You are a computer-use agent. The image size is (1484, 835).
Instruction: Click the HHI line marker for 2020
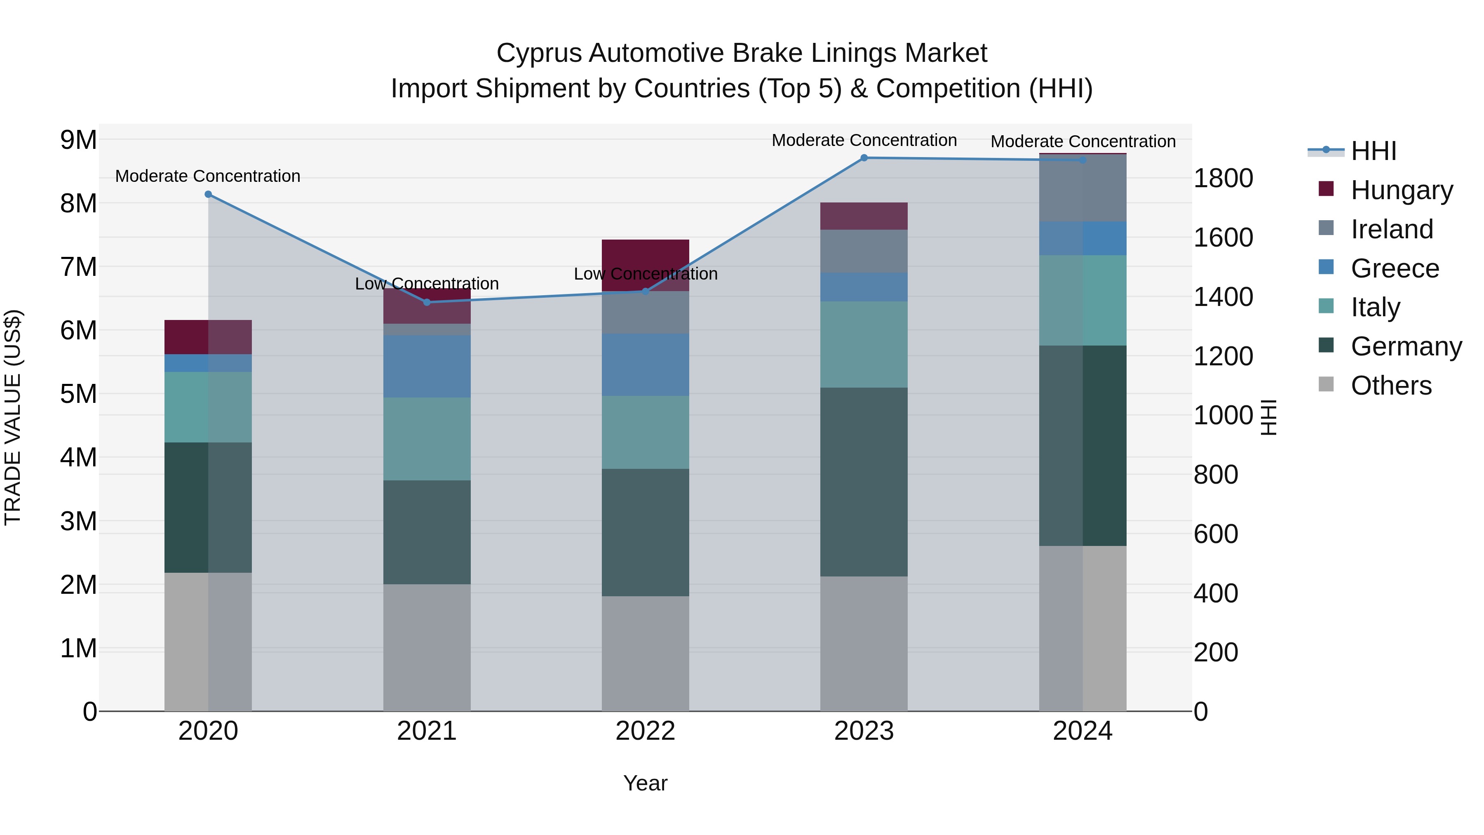click(209, 194)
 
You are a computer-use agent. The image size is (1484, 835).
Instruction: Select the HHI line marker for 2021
click(427, 302)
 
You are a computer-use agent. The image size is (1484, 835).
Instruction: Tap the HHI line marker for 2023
click(864, 158)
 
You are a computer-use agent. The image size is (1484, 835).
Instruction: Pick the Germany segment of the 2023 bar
click(864, 482)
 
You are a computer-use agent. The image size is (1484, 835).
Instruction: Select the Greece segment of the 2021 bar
click(427, 367)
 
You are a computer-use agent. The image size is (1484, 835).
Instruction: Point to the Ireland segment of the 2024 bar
click(1082, 188)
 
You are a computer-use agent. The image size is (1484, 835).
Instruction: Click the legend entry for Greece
click(1394, 268)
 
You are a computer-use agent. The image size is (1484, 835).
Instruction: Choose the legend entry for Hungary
click(1401, 190)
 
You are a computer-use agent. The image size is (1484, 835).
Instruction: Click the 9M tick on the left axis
click(78, 140)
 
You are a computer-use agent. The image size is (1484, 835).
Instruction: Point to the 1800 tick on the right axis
click(1223, 178)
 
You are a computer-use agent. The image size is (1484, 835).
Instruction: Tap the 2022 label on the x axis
click(645, 731)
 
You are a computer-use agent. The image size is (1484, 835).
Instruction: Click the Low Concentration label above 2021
click(427, 284)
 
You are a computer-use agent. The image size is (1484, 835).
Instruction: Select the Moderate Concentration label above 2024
click(1082, 141)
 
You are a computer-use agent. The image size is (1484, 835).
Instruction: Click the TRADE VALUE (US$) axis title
click(13, 418)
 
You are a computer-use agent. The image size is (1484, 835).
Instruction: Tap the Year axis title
click(645, 783)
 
